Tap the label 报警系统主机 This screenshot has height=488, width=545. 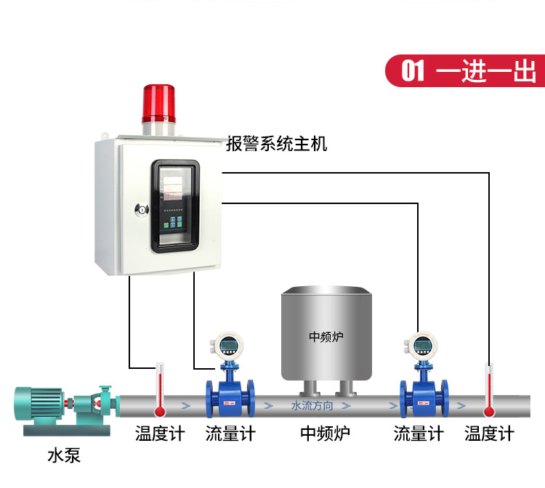pos(276,144)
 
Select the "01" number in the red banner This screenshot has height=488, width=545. pos(413,71)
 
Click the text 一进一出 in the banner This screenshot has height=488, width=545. pos(487,71)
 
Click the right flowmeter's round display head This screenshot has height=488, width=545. pos(421,343)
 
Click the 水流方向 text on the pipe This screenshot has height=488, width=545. pos(312,405)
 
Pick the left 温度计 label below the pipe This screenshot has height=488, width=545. pos(160,434)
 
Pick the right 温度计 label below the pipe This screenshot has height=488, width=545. pos(489,434)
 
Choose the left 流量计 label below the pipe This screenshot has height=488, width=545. pos(230,434)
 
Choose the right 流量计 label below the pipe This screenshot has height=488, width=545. pos(419,434)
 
